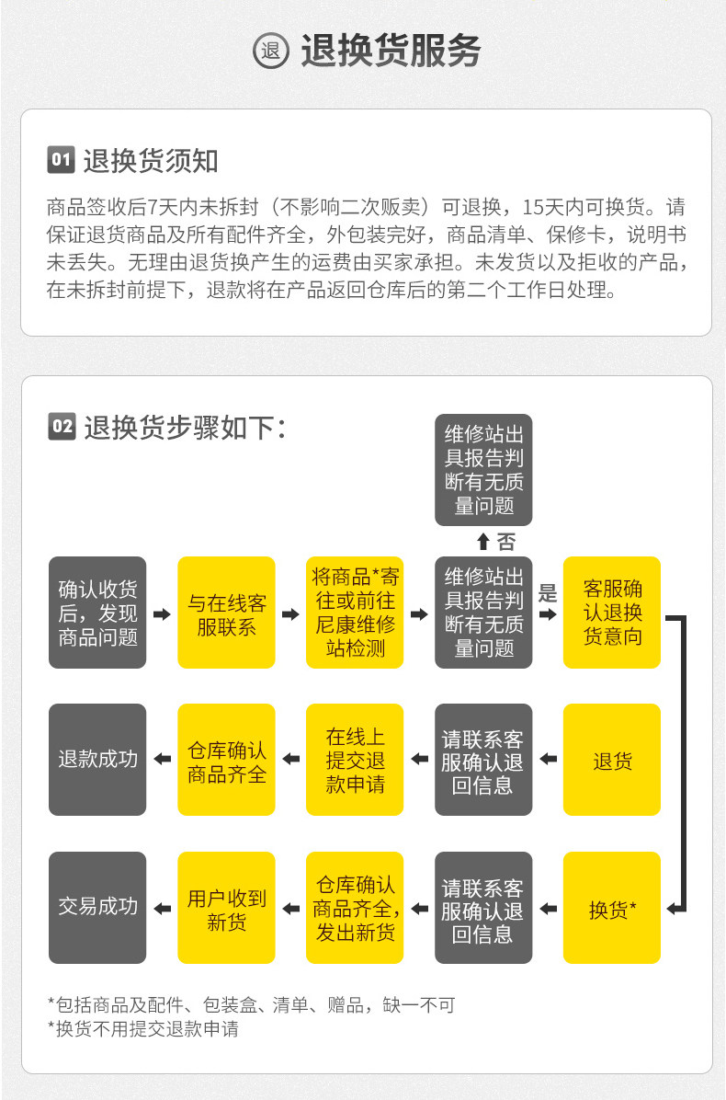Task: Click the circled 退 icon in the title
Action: pyautogui.click(x=271, y=52)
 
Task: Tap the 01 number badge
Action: pyautogui.click(x=60, y=160)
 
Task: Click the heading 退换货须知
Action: pyautogui.click(x=151, y=161)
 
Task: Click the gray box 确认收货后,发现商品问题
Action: pyautogui.click(x=97, y=613)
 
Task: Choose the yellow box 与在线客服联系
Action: pyautogui.click(x=226, y=613)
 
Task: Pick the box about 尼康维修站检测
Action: pyautogui.click(x=355, y=613)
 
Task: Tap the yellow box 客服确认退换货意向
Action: pyautogui.click(x=612, y=613)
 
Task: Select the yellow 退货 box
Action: pyautogui.click(x=612, y=760)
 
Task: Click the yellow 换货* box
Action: pyautogui.click(x=612, y=909)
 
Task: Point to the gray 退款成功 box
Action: pyautogui.click(x=97, y=760)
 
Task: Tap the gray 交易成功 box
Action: pyautogui.click(x=97, y=907)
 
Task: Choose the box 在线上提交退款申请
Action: pyautogui.click(x=355, y=760)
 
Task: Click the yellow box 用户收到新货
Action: pyautogui.click(x=226, y=909)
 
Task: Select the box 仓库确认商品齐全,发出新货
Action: pyautogui.click(x=355, y=909)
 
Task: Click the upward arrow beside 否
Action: pyautogui.click(x=483, y=542)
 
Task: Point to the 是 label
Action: pyautogui.click(x=548, y=593)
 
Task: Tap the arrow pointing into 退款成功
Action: pyautogui.click(x=162, y=760)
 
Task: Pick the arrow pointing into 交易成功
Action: pyautogui.click(x=162, y=909)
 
